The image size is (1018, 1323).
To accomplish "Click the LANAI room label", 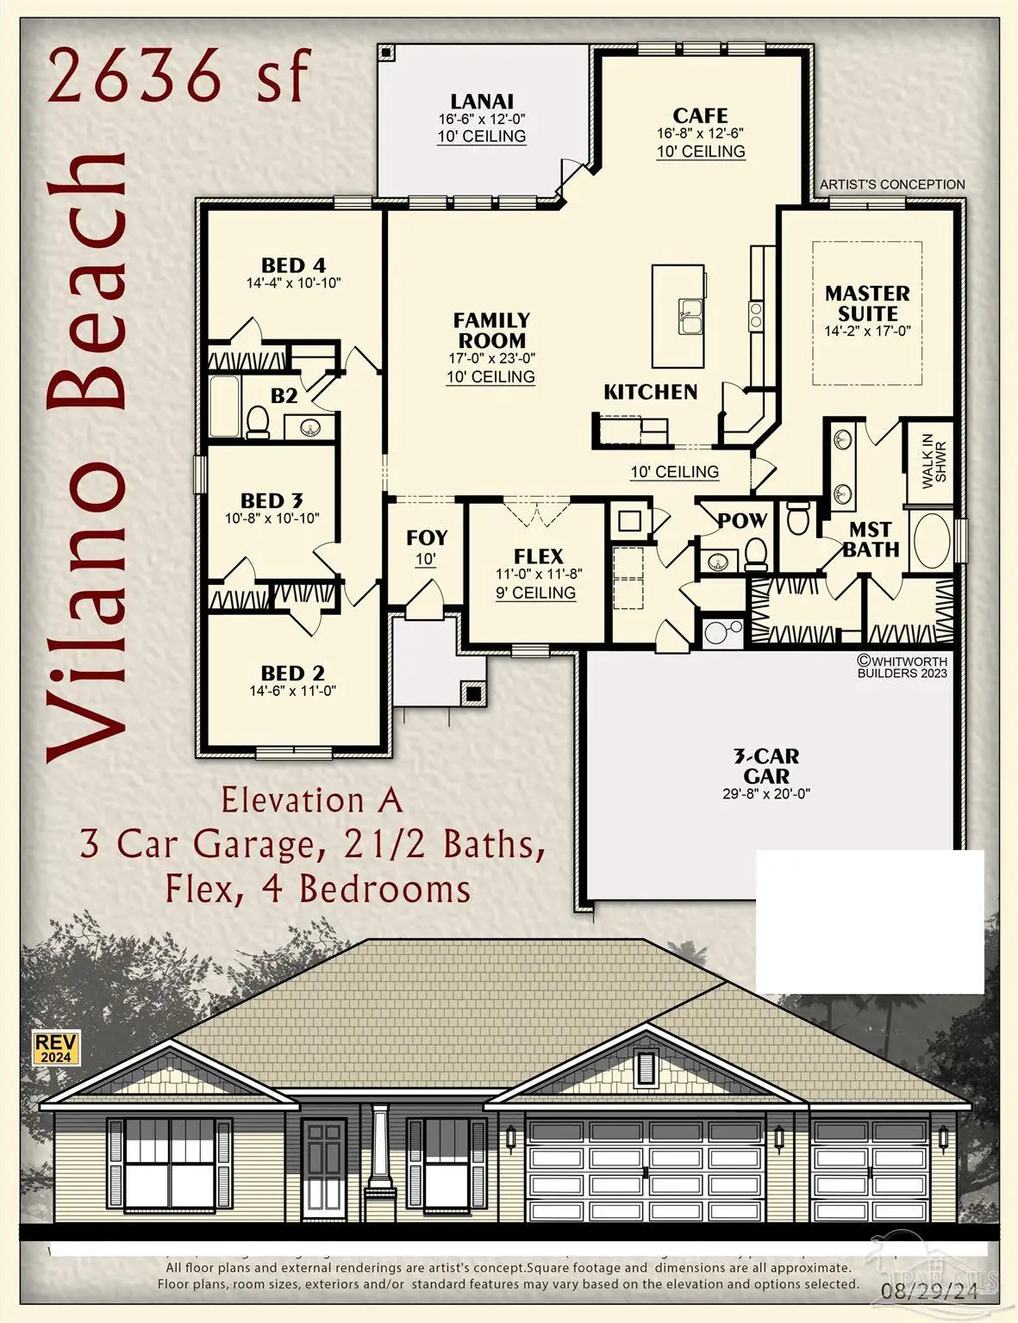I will pyautogui.click(x=482, y=102).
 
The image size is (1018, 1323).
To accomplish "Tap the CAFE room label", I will pyautogui.click(x=700, y=115).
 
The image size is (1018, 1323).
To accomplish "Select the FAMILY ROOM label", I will pyautogui.click(x=491, y=330).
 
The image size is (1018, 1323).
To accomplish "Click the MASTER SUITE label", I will pyautogui.click(x=867, y=303).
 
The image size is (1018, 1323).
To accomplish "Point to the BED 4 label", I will pyautogui.click(x=293, y=265).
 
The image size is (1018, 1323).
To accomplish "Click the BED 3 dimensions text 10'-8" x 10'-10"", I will pyautogui.click(x=272, y=519).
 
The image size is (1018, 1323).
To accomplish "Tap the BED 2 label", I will pyautogui.click(x=293, y=673).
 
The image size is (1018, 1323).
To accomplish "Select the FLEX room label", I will pyautogui.click(x=538, y=556).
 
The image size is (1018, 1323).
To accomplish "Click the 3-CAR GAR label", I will pyautogui.click(x=766, y=766).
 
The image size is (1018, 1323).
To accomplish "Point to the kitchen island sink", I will pyautogui.click(x=690, y=315).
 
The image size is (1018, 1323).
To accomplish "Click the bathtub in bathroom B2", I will pyautogui.click(x=227, y=407).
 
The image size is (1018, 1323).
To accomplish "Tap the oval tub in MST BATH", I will pyautogui.click(x=931, y=541).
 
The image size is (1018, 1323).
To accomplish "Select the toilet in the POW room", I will pyautogui.click(x=756, y=554).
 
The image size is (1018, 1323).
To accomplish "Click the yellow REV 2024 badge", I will pyautogui.click(x=56, y=1047).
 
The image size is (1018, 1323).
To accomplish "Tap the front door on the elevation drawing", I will pyautogui.click(x=325, y=1167).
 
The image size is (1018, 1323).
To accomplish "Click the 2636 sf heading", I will pyautogui.click(x=178, y=75).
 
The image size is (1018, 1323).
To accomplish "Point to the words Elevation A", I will pyautogui.click(x=312, y=800).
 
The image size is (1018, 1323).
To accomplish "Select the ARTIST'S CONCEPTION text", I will pyautogui.click(x=892, y=184).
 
